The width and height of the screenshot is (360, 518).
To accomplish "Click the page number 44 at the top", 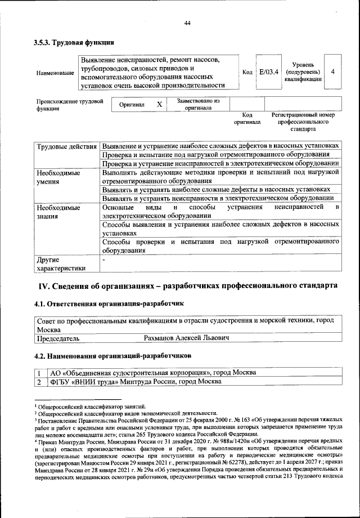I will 187,23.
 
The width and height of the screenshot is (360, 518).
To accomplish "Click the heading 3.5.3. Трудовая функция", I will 75,43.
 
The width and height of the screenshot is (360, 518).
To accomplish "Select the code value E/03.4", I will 268,72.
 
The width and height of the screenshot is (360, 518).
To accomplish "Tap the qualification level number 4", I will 334,72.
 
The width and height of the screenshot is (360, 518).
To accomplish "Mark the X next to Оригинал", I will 159,105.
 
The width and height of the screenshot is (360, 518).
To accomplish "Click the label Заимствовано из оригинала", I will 198,105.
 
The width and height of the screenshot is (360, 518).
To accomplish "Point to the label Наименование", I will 55,73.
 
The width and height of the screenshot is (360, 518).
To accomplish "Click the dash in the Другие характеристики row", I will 103,261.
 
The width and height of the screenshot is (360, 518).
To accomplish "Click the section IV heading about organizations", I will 187,286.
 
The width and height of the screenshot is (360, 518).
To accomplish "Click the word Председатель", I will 58,338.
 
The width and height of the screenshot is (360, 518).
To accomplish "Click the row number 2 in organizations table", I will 39,381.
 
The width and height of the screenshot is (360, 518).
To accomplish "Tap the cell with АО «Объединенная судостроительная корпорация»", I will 153,373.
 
